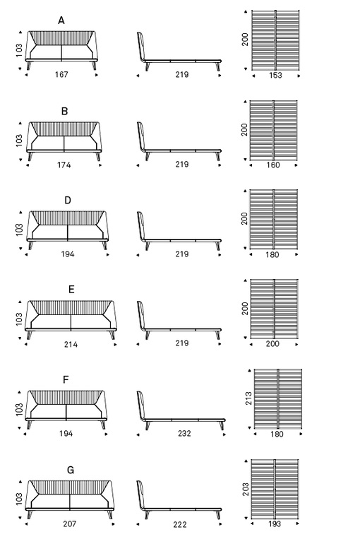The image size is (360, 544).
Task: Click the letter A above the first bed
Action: (61, 20)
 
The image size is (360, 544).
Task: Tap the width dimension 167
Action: (61, 74)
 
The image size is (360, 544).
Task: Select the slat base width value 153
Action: (275, 76)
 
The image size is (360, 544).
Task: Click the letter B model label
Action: (64, 112)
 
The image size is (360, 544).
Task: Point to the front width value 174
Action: (64, 165)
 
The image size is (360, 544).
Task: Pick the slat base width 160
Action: (273, 165)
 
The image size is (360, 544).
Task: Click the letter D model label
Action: (68, 201)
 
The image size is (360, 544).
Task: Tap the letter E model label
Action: (71, 290)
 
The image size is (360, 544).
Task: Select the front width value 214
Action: (71, 345)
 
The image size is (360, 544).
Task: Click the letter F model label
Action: (66, 380)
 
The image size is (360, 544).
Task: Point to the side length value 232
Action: (184, 433)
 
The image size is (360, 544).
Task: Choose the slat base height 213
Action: (248, 398)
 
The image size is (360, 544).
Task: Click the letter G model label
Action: (71, 470)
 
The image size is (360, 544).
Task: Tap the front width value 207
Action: (70, 524)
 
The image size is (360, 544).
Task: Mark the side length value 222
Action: (180, 524)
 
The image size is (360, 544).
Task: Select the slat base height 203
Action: (246, 489)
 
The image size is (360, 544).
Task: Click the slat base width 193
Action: (275, 524)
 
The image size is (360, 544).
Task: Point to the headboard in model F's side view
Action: (140, 405)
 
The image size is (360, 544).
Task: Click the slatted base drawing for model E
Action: (274, 309)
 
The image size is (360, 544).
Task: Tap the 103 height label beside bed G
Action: (19, 499)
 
